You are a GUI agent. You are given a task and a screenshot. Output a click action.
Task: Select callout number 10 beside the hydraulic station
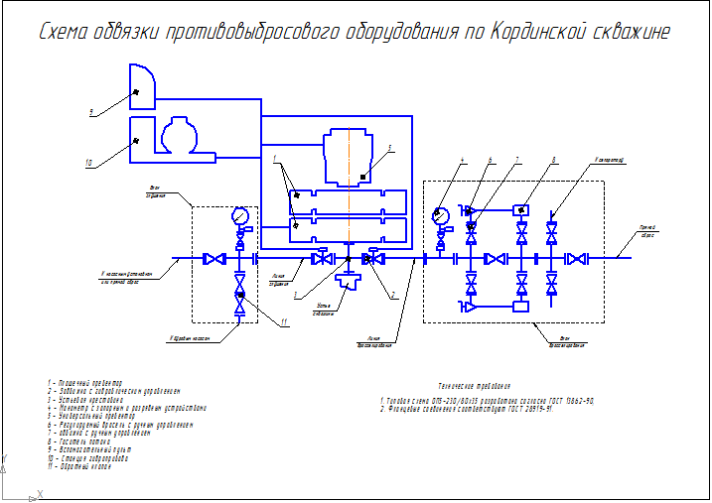click(88, 162)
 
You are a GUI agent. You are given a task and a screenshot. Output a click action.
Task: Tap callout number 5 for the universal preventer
click(390, 148)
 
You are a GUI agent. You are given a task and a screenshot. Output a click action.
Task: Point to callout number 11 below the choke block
click(283, 321)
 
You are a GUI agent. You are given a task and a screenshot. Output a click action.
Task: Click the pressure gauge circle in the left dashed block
click(239, 215)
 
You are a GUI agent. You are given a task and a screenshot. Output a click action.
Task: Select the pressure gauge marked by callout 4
click(442, 213)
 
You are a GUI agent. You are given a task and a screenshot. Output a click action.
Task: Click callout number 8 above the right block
click(554, 159)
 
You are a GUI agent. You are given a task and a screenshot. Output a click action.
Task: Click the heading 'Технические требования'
click(474, 385)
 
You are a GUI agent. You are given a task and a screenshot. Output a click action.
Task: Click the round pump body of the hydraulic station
click(181, 137)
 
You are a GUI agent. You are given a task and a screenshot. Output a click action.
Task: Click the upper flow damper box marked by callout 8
click(520, 210)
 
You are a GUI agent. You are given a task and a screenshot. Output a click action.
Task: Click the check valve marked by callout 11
click(239, 294)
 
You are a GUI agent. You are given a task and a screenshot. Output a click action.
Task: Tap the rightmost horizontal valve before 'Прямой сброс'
click(576, 259)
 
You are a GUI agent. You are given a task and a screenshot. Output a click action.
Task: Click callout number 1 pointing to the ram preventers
click(273, 159)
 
